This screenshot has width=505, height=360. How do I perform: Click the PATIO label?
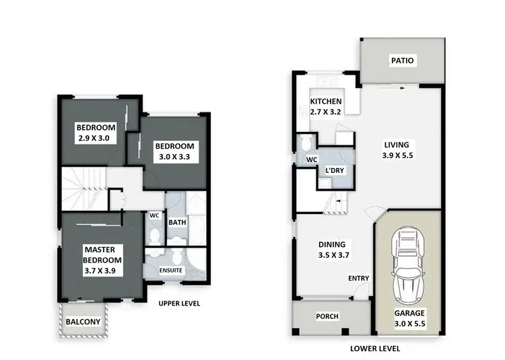click(x=402, y=61)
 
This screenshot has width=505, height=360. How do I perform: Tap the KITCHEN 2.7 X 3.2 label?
click(x=327, y=106)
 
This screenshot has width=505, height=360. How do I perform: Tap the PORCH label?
click(x=327, y=316)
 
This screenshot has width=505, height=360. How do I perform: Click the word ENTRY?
click(x=358, y=279)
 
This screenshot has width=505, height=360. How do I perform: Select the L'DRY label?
click(x=335, y=171)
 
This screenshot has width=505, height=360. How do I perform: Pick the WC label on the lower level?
click(x=312, y=159)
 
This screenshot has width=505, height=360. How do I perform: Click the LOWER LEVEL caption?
click(x=376, y=349)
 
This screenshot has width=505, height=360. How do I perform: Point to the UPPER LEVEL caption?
click(x=178, y=303)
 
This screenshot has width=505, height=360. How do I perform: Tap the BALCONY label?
click(x=82, y=322)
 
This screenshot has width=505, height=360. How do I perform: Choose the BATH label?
click(x=177, y=221)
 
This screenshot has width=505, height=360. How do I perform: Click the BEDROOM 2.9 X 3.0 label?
click(x=96, y=133)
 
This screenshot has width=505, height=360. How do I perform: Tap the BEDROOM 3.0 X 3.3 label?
click(x=174, y=151)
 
